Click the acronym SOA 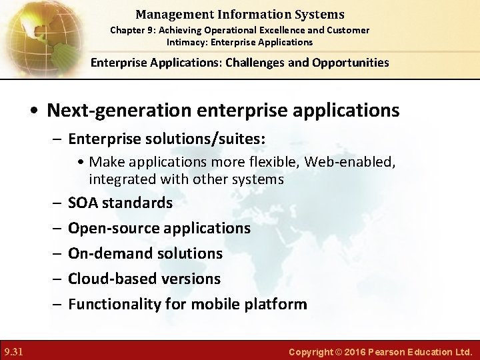pyautogui.click(x=83, y=203)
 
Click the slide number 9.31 pyautogui.click(x=13, y=351)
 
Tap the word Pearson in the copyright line pyautogui.click(x=391, y=351)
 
